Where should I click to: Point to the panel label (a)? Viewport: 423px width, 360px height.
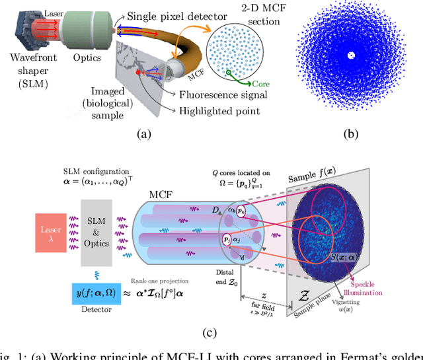(x=143, y=135)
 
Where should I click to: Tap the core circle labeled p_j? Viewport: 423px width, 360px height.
(x=229, y=240)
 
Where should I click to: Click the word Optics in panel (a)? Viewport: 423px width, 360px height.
(x=89, y=57)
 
